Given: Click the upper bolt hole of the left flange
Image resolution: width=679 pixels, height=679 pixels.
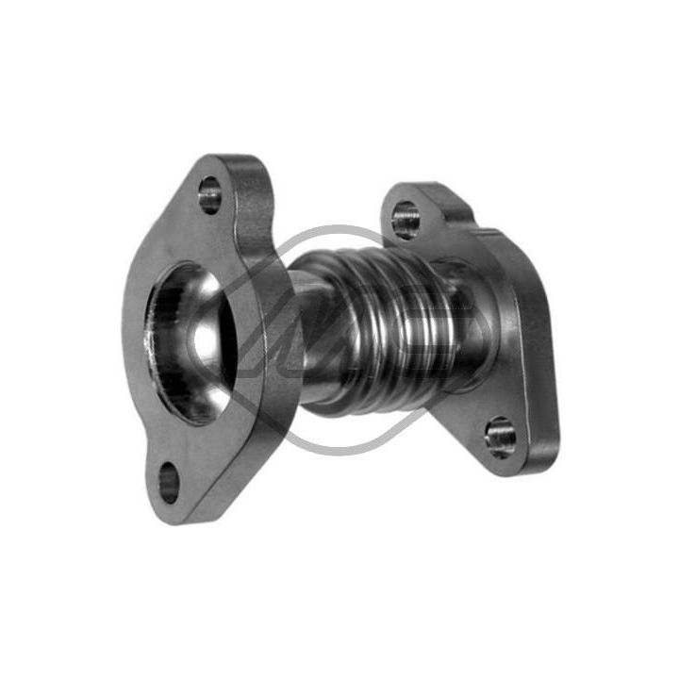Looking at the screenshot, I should tap(209, 198).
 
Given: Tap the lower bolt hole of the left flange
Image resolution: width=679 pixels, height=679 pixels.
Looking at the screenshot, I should tap(168, 484).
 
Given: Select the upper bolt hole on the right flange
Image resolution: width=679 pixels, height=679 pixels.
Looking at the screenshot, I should tap(406, 221).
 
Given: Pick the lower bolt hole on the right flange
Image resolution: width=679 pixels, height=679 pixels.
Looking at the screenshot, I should tap(500, 436).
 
